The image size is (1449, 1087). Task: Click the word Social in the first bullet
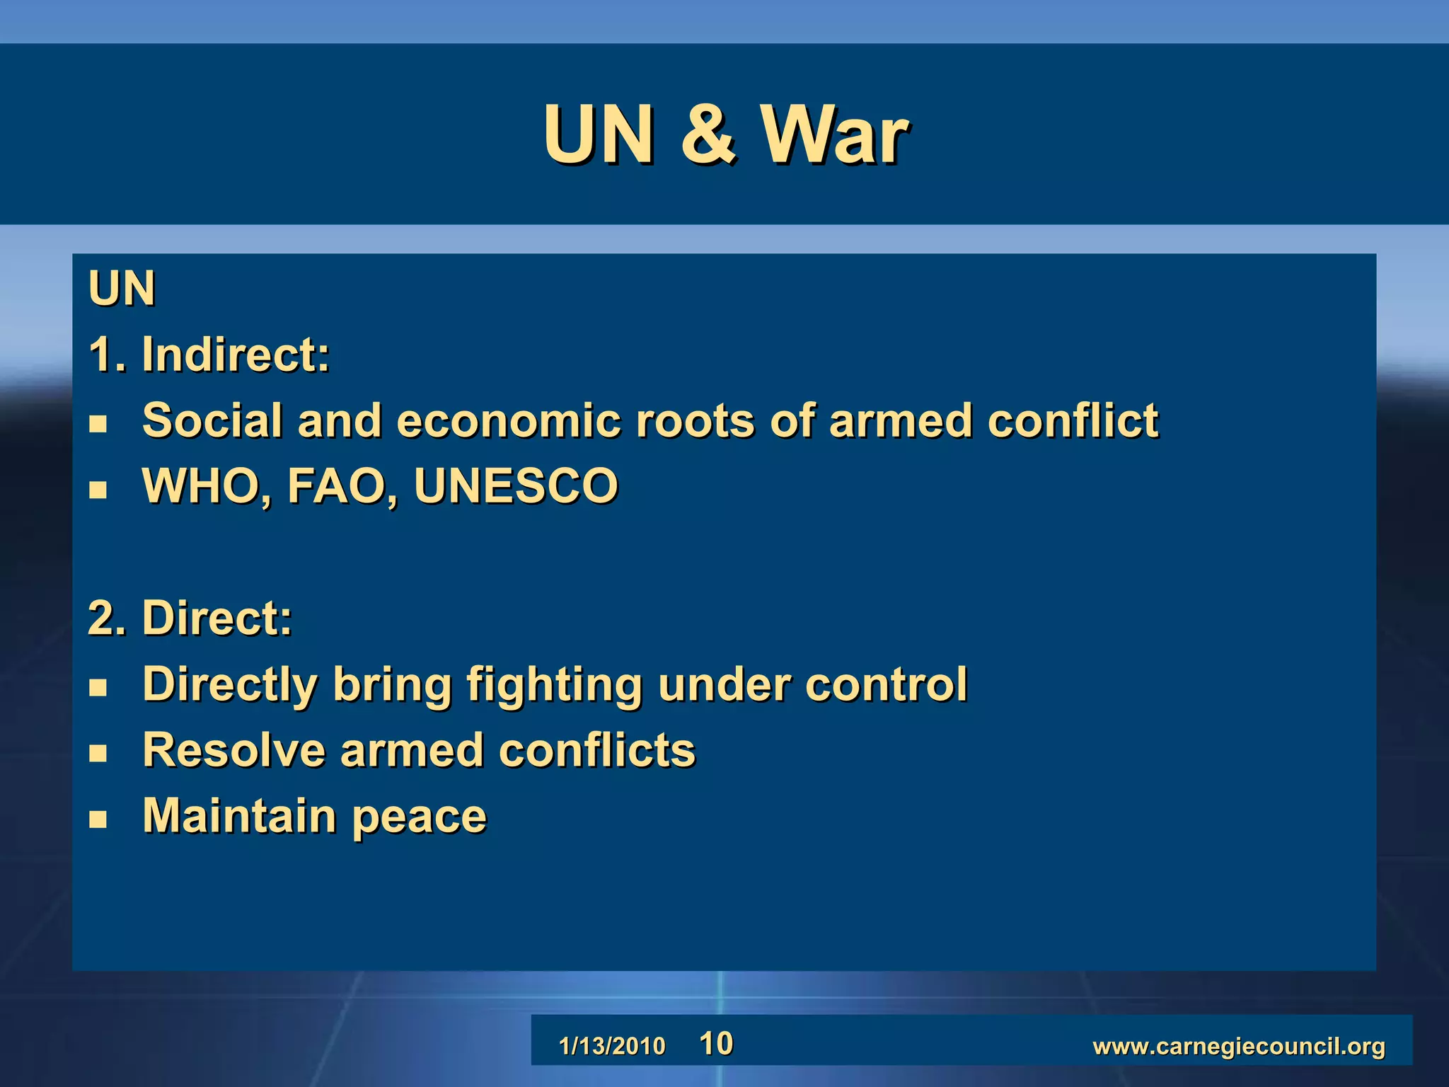[212, 420]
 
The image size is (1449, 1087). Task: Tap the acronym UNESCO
[516, 486]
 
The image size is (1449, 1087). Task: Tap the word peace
[419, 817]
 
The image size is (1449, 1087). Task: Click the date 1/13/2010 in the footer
[612, 1046]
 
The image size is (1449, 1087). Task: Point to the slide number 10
[716, 1044]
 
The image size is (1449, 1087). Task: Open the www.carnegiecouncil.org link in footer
[1238, 1046]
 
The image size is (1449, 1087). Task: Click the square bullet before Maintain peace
[98, 819]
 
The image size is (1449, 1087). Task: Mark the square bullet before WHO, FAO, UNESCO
[98, 490]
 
